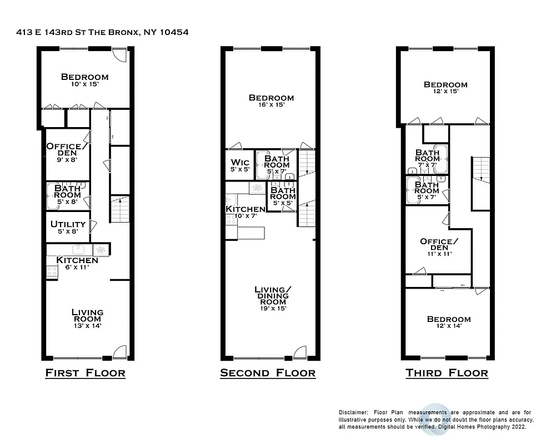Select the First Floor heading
pyautogui.click(x=85, y=372)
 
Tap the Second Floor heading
pyautogui.click(x=268, y=372)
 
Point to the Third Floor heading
pyautogui.click(x=447, y=372)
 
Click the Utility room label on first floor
pyautogui.click(x=68, y=227)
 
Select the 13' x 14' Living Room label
pyautogui.click(x=87, y=319)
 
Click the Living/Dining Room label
pyautogui.click(x=273, y=299)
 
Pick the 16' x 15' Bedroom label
pyautogui.click(x=272, y=100)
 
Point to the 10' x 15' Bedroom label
pyautogui.click(x=84, y=80)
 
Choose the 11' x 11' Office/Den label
pyautogui.click(x=439, y=247)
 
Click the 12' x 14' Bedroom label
pyautogui.click(x=448, y=322)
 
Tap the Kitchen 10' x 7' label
pyautogui.click(x=245, y=211)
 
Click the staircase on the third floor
pyautogui.click(x=480, y=183)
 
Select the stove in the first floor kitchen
pyautogui.click(x=52, y=271)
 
